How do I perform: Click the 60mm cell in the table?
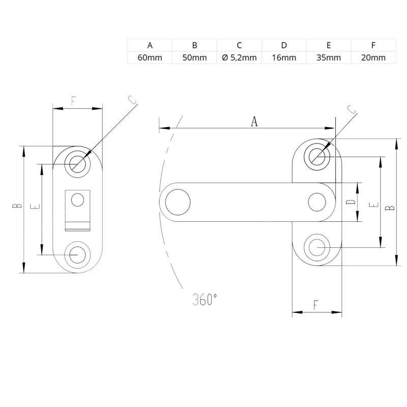[150, 57]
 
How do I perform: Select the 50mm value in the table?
[194, 57]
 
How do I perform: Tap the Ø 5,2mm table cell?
[239, 57]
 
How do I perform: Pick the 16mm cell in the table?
[284, 57]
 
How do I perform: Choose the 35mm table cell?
[328, 57]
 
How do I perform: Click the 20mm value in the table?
[373, 57]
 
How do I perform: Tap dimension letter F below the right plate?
[315, 306]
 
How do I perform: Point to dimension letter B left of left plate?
[16, 207]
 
